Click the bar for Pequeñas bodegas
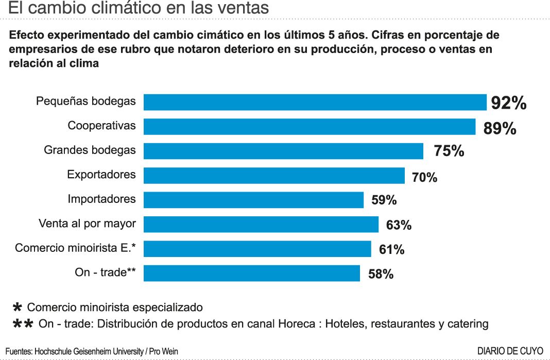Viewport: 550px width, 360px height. (x=315, y=102)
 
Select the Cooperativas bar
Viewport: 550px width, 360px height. (x=309, y=127)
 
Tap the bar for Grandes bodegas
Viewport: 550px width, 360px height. (x=283, y=151)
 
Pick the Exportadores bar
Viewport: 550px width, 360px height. (x=274, y=176)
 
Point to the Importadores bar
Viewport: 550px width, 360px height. (x=253, y=200)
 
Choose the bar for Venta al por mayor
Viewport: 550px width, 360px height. (x=261, y=224)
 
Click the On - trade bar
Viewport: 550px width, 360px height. (x=251, y=273)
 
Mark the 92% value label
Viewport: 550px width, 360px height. (x=509, y=103)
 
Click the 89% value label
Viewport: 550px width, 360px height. (x=500, y=128)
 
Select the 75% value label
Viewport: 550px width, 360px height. (x=449, y=151)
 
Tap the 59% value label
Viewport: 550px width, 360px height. (x=384, y=200)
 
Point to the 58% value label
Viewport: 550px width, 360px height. (x=381, y=274)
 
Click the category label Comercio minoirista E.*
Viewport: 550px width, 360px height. (x=75, y=248)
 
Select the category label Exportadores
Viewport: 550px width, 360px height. (x=101, y=175)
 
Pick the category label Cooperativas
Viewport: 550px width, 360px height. (x=102, y=126)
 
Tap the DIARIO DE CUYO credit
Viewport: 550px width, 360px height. (x=510, y=351)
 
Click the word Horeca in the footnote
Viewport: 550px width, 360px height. (x=296, y=324)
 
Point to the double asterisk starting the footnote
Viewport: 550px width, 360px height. (x=23, y=323)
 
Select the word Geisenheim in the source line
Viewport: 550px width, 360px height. (x=88, y=351)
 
